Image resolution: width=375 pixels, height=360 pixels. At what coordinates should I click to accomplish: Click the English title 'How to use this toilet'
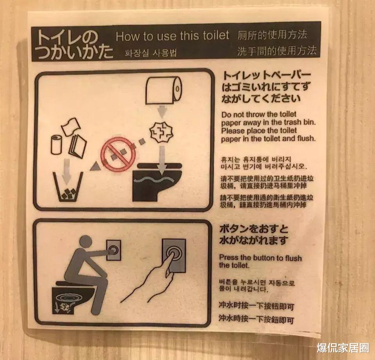click(x=172, y=36)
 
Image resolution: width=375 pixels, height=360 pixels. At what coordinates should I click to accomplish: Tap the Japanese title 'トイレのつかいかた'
click(x=72, y=45)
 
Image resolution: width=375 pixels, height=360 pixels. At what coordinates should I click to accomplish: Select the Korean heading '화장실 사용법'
click(x=150, y=53)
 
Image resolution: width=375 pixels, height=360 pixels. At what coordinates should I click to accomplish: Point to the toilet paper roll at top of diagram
click(x=164, y=90)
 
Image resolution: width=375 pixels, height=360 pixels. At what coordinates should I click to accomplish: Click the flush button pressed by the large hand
click(x=174, y=255)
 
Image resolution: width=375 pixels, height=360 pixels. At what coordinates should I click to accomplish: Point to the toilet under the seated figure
click(x=72, y=299)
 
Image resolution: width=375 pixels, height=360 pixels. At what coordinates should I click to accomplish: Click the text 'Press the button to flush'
click(x=260, y=258)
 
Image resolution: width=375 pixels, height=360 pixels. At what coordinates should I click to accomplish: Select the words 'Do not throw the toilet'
click(x=259, y=114)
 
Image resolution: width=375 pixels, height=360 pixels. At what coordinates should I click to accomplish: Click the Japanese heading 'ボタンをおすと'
click(x=254, y=228)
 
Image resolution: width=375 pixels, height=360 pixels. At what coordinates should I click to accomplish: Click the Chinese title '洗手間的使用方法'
click(x=276, y=51)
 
